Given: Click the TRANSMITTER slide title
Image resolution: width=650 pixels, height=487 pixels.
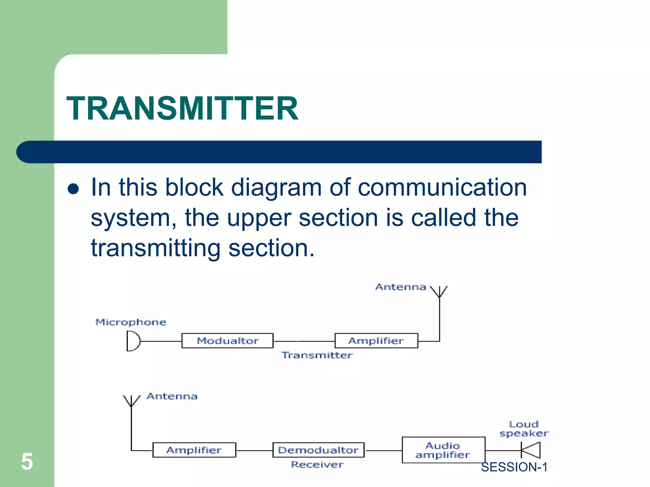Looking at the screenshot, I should [182, 108].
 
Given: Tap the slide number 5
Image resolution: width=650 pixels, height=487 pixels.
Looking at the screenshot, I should [27, 462].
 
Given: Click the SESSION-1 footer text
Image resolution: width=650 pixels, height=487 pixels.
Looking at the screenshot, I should [514, 467].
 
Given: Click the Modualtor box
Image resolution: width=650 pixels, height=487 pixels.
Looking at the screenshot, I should [227, 341].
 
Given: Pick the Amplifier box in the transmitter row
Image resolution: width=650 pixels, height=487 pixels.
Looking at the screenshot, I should [376, 341].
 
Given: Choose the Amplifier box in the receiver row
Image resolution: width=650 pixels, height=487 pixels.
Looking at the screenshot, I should [194, 450].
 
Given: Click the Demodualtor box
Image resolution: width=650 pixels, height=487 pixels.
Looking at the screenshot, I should [318, 450].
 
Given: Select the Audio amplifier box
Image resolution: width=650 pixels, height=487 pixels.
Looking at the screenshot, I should [443, 450].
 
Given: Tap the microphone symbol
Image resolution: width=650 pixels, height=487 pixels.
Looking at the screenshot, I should [133, 341].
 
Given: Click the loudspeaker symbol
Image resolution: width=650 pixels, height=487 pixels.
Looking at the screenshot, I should [531, 450].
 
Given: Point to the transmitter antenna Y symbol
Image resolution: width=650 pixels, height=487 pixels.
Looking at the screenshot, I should [439, 291].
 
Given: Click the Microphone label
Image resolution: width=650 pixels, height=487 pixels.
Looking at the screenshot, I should [131, 322].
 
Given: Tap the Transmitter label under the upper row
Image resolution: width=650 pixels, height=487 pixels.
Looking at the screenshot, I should [317, 355].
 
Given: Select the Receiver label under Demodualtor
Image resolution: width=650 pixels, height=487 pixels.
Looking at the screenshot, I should [317, 464].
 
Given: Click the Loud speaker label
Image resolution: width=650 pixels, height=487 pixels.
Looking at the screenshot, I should [524, 429].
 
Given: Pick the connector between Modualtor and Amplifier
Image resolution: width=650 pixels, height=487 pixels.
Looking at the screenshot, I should [304, 341].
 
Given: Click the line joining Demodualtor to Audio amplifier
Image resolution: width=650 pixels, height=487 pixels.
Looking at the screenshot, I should [383, 451].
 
